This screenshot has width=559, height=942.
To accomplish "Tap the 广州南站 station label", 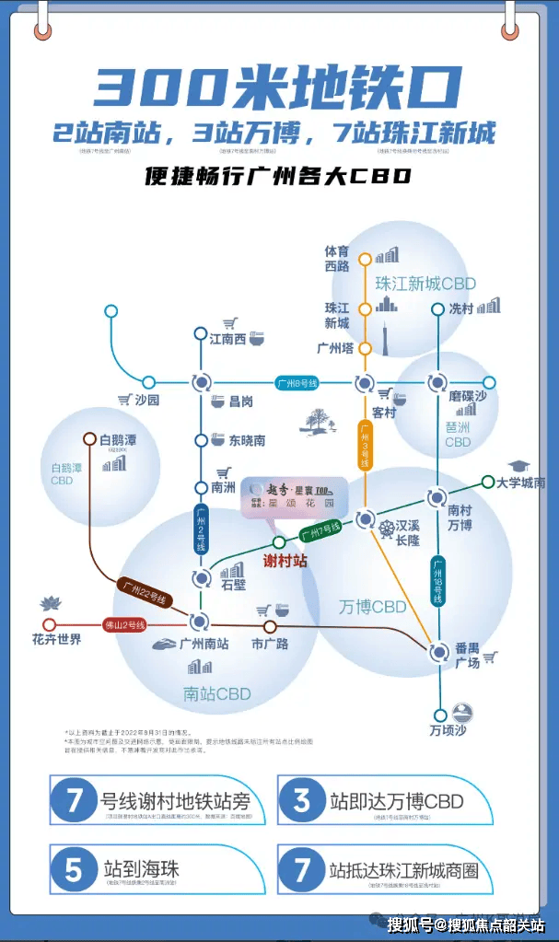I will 204,644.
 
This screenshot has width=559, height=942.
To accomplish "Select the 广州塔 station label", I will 336,349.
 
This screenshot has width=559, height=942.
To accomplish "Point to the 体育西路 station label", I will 337,258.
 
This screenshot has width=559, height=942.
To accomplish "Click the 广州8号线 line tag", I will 298,382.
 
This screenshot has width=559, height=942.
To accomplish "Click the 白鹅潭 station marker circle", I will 90,439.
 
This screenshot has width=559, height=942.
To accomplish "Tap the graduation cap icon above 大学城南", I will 519,465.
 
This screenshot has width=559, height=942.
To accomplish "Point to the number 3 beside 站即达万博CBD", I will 302,800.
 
